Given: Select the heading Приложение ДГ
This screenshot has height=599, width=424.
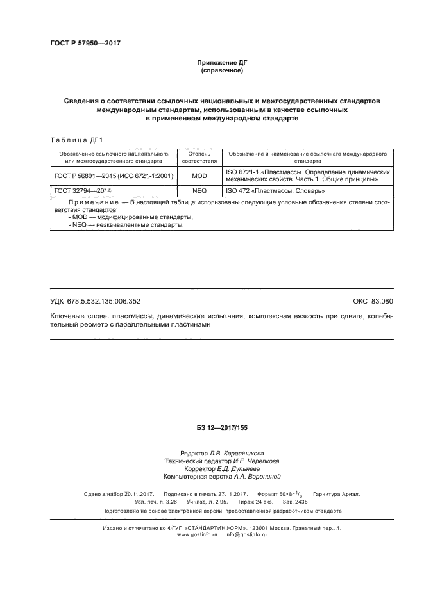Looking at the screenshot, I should click(221, 63).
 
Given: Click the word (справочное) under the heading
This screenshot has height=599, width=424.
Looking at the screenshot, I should click(221, 70).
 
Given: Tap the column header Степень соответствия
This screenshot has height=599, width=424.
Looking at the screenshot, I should click(199, 158).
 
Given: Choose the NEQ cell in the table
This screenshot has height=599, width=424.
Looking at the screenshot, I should click(199, 191).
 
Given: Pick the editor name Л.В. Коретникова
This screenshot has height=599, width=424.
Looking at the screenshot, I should click(241, 453).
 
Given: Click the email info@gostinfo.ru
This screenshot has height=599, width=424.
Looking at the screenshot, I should click(246, 534).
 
